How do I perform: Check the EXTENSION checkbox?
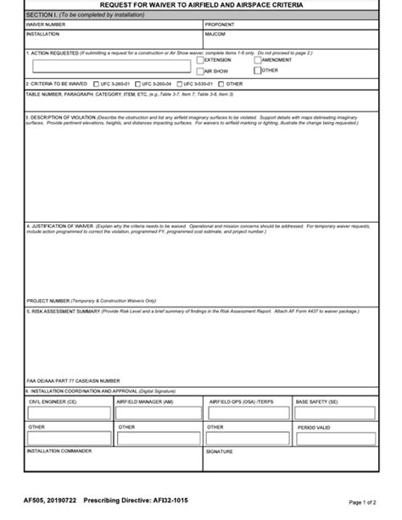pyautogui.click(x=200, y=60)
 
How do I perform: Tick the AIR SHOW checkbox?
pyautogui.click(x=200, y=71)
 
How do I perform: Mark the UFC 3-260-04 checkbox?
pyautogui.click(x=136, y=85)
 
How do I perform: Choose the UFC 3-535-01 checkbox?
pyautogui.click(x=178, y=85)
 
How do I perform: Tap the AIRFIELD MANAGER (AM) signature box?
pyautogui.click(x=159, y=412)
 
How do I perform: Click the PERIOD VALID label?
pyautogui.click(x=314, y=428)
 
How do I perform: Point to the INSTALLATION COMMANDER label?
pyautogui.click(x=59, y=451)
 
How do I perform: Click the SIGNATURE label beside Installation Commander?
pyautogui.click(x=220, y=451)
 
